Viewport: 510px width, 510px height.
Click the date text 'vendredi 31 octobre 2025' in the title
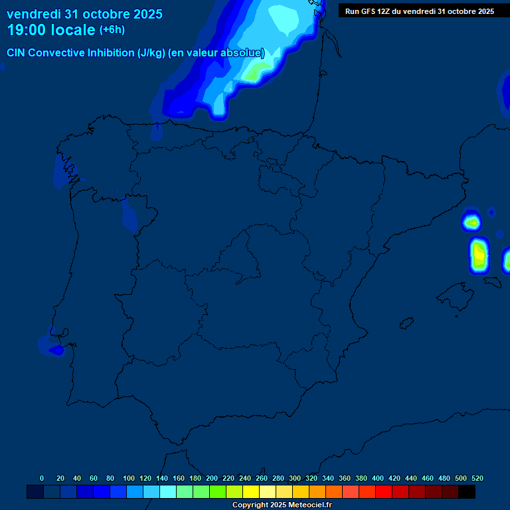84,14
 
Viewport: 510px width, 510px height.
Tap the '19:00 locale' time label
51,30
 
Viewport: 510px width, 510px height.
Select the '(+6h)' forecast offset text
112,30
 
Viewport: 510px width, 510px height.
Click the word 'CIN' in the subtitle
17,53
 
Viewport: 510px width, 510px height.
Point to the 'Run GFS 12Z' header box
419,11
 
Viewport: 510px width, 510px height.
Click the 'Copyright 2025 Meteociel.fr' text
282,505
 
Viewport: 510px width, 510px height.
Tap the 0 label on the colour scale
42,478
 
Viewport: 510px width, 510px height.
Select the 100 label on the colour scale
129,478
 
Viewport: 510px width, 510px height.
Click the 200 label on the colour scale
212,478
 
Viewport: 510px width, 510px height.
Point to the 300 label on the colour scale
295,478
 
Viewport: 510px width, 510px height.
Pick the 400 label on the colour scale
378,478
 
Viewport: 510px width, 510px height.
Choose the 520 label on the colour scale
477,478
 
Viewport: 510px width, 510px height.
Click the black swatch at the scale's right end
467,492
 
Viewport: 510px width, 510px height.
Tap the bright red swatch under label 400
384,492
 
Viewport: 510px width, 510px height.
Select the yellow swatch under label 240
251,492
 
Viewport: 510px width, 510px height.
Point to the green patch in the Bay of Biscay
251,74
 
